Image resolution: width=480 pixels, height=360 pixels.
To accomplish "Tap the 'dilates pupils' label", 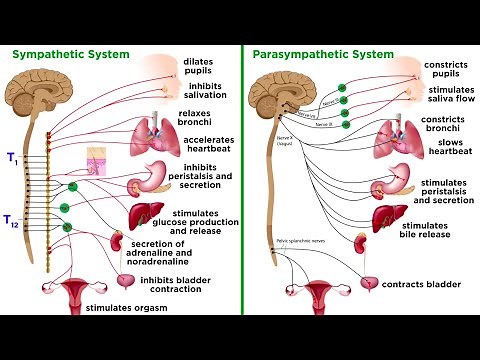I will (x=198, y=67).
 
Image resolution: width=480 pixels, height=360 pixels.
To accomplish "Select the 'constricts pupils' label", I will (x=445, y=68).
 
